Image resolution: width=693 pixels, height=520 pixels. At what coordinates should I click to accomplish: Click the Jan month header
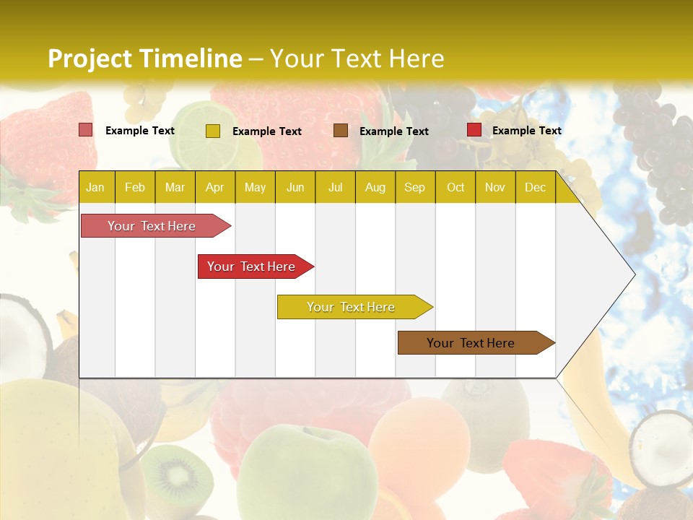pos(96,187)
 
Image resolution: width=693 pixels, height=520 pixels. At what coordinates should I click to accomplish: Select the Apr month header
pos(215,187)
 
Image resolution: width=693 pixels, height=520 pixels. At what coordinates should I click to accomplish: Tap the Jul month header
pos(335,187)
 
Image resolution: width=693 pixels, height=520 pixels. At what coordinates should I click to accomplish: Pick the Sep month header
pos(414,187)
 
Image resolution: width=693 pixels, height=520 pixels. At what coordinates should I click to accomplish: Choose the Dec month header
pos(535,187)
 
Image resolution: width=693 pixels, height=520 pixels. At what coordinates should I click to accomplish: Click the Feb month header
pos(135,187)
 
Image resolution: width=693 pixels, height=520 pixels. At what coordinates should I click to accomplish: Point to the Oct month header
pos(456,187)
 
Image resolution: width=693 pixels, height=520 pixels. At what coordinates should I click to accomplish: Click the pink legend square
pos(86,130)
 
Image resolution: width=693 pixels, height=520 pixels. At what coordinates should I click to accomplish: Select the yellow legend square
pos(213,131)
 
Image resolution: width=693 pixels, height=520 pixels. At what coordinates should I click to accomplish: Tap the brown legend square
pos(341,130)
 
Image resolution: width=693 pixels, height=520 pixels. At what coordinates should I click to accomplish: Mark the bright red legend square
pos(474,130)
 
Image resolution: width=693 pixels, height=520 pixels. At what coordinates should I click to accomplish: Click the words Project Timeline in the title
pos(145,58)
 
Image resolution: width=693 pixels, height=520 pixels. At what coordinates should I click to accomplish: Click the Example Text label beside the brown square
pos(394,131)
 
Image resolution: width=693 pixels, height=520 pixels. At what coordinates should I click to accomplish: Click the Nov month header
pos(495,187)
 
